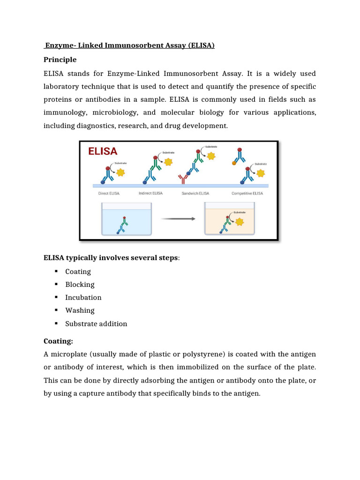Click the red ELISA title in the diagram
[103, 151]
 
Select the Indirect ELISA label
[150, 193]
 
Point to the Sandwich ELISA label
[195, 193]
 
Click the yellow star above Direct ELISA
[120, 172]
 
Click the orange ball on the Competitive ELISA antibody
[234, 163]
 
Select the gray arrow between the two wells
[178, 218]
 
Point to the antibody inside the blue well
[122, 225]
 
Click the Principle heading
[60, 60]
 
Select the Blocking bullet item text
[80, 285]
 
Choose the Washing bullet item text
[80, 310]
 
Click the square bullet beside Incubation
[55, 297]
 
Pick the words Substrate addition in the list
[96, 323]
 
